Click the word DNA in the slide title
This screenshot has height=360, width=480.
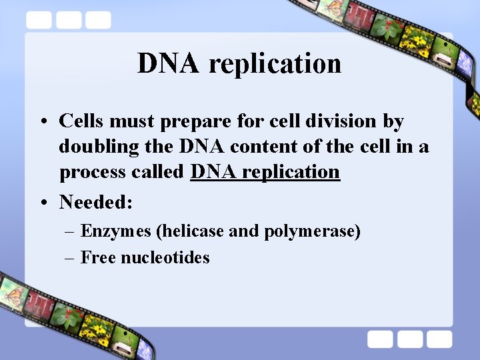pos(168,63)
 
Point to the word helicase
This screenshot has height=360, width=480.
pos(191,231)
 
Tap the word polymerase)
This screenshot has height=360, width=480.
pos(312,232)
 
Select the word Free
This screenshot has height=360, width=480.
pos(98,257)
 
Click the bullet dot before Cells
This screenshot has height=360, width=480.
pos(42,122)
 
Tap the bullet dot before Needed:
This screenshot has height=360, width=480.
pos(42,202)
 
